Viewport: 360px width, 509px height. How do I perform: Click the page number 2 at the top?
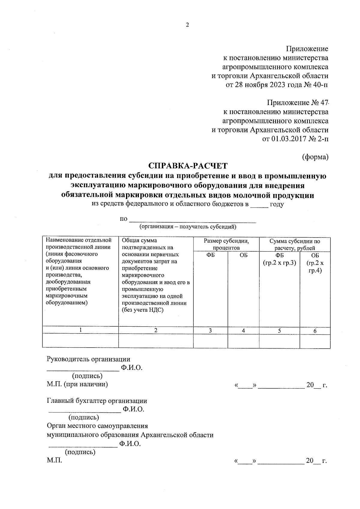coord(187,25)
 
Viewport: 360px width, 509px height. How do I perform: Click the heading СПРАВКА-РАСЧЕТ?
coord(188,166)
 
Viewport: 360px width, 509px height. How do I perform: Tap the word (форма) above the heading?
coord(315,157)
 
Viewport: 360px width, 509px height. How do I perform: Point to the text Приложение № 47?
coord(298,103)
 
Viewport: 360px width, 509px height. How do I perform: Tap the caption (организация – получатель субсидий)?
coord(188,227)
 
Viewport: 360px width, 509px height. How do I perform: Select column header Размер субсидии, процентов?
coord(226,244)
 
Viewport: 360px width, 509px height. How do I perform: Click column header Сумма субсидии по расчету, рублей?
coord(295,244)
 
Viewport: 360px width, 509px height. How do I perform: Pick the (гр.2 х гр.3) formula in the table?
coord(279,263)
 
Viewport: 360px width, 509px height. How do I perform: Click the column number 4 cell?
coord(243,331)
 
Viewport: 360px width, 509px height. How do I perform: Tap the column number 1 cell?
coord(80,330)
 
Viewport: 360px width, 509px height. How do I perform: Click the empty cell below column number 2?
coord(156,341)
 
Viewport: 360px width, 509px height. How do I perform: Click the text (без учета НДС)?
coord(143,310)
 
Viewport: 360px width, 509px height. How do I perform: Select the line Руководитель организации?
coord(88,359)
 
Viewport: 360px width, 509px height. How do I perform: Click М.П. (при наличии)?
coord(77,384)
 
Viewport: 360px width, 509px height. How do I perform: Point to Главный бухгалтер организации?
coord(97,401)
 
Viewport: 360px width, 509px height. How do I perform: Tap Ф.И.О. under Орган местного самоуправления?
coord(130,444)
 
